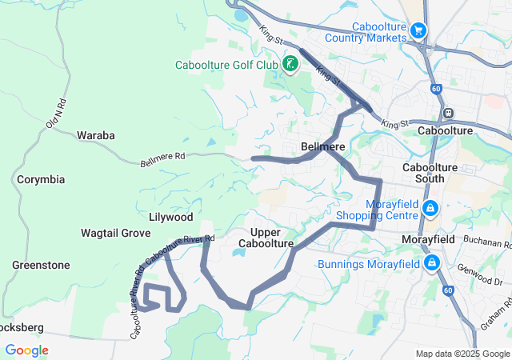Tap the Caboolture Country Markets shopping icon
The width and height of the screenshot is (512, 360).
tap(418, 30)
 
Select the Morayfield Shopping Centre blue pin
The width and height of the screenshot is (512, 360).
tap(430, 209)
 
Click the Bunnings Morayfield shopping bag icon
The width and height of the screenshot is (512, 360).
tap(432, 262)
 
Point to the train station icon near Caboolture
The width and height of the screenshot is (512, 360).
tap(449, 113)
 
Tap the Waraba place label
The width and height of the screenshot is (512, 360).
tap(95, 135)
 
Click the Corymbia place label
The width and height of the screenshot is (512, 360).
tap(41, 179)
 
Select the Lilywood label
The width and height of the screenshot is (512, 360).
tap(170, 217)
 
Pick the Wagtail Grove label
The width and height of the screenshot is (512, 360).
tap(116, 233)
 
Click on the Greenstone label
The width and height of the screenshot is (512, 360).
tap(41, 265)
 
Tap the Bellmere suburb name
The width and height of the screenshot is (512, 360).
tap(322, 146)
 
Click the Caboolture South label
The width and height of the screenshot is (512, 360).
tap(430, 173)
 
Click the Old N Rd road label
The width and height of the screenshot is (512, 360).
tap(54, 113)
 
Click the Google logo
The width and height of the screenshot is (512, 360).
tap(26, 350)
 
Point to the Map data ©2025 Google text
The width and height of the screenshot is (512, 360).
tap(462, 354)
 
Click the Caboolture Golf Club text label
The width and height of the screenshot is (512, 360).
tap(227, 65)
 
